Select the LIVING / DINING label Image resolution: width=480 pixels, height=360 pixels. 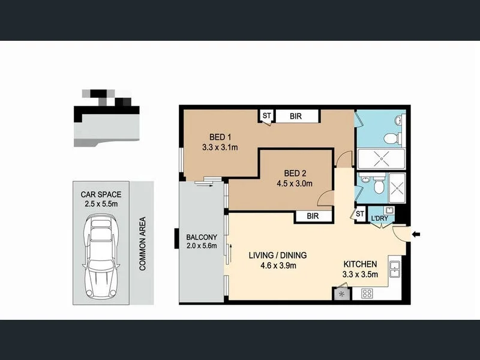(x=273, y=256)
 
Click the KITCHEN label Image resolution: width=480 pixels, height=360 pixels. (x=359, y=264)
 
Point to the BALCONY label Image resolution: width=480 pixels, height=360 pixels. (x=202, y=236)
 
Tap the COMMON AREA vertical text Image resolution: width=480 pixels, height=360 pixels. (x=143, y=244)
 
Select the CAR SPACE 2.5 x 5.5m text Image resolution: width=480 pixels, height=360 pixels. (x=101, y=199)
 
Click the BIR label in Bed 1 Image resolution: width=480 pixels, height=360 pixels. (x=296, y=116)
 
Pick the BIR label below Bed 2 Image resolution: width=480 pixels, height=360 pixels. (x=312, y=216)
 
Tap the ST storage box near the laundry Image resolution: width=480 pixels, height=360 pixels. (x=360, y=214)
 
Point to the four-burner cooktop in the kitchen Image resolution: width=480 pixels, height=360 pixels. (x=367, y=293)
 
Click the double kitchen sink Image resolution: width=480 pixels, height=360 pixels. (x=395, y=270)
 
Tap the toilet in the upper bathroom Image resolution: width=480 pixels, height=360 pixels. (x=391, y=139)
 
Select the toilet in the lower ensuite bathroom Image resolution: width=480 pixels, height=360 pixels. (x=377, y=187)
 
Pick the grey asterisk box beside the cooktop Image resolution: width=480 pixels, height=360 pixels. (x=342, y=294)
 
